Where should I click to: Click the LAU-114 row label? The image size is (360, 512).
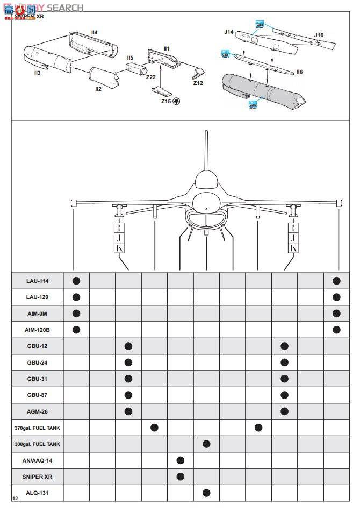click(x=37, y=281)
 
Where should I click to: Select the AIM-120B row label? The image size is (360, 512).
click(x=37, y=330)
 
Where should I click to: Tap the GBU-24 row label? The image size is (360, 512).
click(x=37, y=362)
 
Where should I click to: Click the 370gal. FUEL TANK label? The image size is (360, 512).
click(x=37, y=428)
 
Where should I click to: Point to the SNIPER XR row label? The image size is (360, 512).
click(x=37, y=477)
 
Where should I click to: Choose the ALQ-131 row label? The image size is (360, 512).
click(x=37, y=493)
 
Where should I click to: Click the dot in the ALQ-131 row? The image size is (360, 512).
click(x=206, y=493)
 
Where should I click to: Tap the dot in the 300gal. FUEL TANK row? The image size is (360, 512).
click(x=206, y=444)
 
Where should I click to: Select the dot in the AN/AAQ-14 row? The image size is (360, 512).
click(x=181, y=460)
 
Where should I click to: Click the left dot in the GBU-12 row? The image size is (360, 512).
click(x=128, y=346)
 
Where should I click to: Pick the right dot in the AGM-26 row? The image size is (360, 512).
click(x=285, y=411)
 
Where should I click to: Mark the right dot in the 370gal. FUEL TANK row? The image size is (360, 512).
click(x=258, y=428)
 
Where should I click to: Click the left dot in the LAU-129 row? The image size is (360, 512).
click(x=76, y=297)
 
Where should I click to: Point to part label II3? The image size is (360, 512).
click(x=37, y=72)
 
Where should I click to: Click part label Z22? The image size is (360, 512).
click(x=150, y=77)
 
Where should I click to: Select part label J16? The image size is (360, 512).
click(x=319, y=35)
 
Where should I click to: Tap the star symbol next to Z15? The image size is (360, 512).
click(x=176, y=101)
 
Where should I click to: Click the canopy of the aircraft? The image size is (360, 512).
click(x=206, y=180)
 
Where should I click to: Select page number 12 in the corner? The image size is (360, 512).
click(x=15, y=499)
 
